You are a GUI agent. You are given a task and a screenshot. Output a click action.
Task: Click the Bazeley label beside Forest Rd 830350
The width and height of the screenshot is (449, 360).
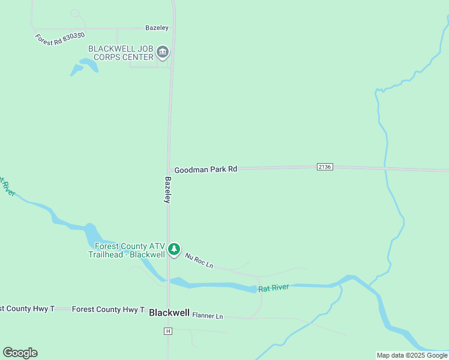(x=157, y=28)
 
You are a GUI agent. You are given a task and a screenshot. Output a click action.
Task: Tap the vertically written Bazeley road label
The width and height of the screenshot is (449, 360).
(x=168, y=190)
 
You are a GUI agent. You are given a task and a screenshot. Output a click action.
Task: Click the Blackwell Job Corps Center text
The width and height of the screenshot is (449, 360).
(x=121, y=53)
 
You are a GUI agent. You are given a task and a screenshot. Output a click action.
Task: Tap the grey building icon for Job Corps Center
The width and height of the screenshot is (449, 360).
(x=163, y=53)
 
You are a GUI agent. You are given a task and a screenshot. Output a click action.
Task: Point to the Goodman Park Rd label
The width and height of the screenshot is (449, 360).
(x=206, y=170)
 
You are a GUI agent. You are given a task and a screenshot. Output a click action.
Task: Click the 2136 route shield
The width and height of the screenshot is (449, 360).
(x=324, y=167)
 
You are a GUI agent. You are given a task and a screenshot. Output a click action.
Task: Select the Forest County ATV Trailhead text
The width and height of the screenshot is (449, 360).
(x=126, y=250)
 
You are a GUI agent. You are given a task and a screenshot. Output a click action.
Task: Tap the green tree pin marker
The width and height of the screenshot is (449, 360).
(x=174, y=249)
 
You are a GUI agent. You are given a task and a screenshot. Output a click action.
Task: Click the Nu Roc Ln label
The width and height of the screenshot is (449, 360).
(x=199, y=261)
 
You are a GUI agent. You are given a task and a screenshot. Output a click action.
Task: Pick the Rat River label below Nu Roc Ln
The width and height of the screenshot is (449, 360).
(x=274, y=288)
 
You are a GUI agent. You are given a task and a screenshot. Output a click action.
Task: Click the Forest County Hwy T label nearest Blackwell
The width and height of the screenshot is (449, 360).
(x=108, y=310)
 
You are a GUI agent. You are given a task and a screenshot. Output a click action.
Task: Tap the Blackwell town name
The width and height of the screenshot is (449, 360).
(x=169, y=313)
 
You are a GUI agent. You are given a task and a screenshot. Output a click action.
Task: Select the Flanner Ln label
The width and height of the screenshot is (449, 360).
(x=208, y=316)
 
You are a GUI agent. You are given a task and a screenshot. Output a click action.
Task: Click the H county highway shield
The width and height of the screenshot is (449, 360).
(x=168, y=331)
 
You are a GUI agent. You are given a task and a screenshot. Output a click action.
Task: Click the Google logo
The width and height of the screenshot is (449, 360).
(x=20, y=353)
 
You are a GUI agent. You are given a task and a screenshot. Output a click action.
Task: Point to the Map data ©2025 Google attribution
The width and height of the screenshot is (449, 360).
(x=412, y=355)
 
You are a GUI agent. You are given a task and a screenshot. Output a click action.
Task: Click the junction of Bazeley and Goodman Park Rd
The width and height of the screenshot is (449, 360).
(x=170, y=170)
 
